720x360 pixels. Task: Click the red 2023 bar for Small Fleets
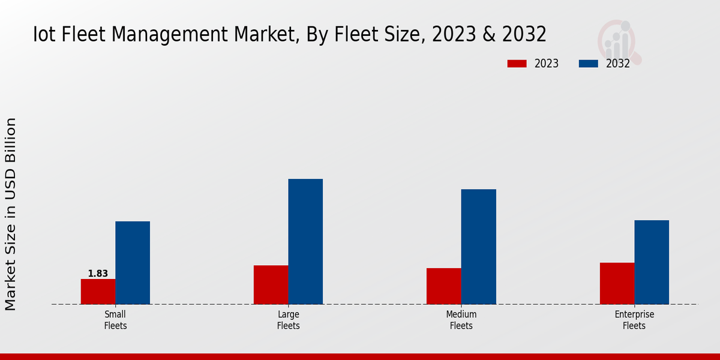pos(98,292)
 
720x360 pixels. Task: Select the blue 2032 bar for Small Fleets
pos(133,263)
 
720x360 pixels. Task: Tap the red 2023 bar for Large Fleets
pos(271,284)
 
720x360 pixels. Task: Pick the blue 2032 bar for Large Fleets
pos(305,241)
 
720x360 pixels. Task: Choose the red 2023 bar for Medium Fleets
pos(444,286)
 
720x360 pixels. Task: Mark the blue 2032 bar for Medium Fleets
pos(479,247)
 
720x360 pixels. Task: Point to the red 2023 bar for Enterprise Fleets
pos(617,283)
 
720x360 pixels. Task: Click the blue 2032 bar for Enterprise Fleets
pos(652,262)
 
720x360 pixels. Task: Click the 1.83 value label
pos(98,274)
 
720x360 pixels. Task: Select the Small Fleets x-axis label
pos(115,320)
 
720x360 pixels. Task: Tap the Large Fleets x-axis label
pos(289,320)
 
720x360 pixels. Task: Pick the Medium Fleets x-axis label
pos(461,320)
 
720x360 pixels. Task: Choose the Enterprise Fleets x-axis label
pos(634,320)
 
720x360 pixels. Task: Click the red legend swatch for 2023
pos(517,64)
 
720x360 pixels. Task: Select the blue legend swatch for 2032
pos(589,64)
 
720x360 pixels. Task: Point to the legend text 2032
pos(618,64)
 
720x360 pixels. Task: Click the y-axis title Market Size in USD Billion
pos(11,214)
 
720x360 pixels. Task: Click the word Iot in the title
pos(45,34)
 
